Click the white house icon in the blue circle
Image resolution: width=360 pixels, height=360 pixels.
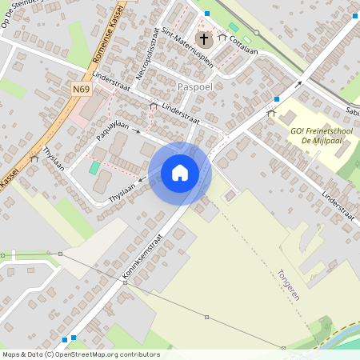tap(180, 172)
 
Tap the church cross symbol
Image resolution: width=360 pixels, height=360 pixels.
tap(203, 38)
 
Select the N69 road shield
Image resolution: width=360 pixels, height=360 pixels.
tap(80, 90)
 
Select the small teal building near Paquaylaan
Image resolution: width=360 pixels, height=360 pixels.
tap(95, 167)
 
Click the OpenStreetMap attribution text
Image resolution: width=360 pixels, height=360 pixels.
tap(80, 354)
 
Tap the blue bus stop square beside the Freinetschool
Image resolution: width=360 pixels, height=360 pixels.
tap(277, 99)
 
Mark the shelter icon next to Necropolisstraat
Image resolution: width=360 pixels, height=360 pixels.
tap(153, 106)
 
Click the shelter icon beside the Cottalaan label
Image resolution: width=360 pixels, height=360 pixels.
tap(222, 36)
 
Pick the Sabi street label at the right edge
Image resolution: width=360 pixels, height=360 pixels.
tap(352, 111)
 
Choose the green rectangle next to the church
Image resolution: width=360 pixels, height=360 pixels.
tap(234, 27)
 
